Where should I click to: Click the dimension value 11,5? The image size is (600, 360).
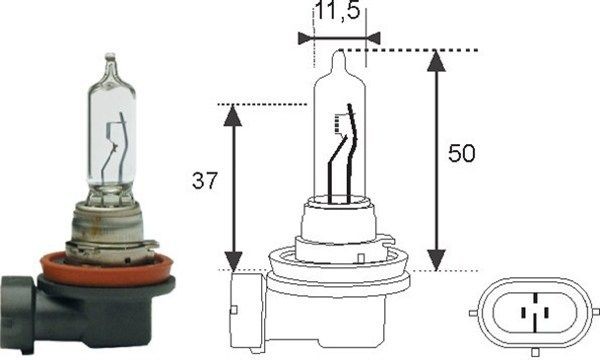[x=339, y=14]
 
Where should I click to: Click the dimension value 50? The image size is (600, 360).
[x=462, y=155]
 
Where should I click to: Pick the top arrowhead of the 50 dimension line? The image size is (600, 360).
[x=435, y=59]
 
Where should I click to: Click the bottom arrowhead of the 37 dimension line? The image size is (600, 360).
[x=233, y=261]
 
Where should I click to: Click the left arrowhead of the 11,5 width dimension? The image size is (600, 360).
[x=305, y=38]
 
